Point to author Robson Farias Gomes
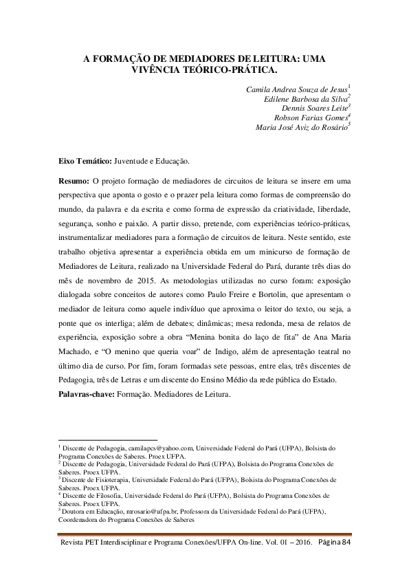(x=311, y=118)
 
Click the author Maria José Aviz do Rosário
(x=302, y=127)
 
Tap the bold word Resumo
(x=74, y=181)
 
